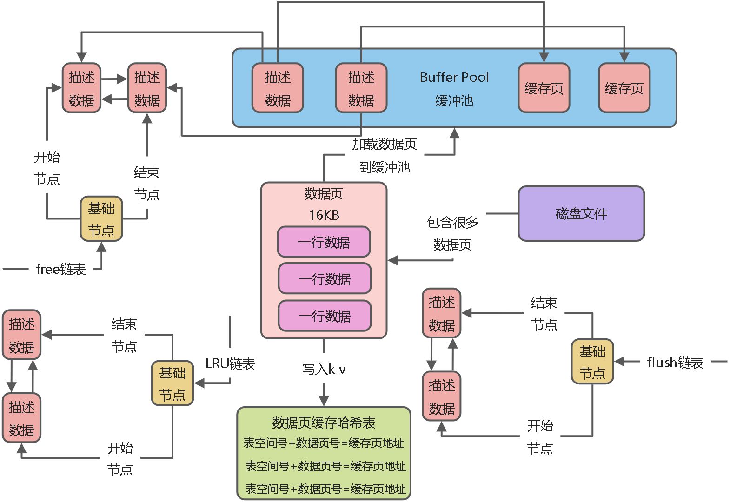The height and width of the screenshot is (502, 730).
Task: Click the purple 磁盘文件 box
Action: (581, 214)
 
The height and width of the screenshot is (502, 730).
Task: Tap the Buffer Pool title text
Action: (454, 77)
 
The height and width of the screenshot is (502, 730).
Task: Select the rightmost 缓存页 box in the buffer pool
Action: (624, 88)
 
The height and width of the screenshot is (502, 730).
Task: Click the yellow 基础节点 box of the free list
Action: (101, 219)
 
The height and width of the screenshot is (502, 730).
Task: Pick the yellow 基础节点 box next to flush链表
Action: (592, 362)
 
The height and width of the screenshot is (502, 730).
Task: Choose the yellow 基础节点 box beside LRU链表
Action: (172, 383)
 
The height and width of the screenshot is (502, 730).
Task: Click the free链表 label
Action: (61, 269)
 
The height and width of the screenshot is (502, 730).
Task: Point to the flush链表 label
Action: (675, 363)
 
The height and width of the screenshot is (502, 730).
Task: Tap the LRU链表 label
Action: (230, 363)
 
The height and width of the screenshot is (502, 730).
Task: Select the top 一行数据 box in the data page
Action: (324, 242)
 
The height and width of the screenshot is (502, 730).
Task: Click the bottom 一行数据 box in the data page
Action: (324, 316)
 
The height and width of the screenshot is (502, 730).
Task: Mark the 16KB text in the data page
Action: (324, 215)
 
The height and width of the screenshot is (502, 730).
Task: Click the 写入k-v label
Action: (324, 370)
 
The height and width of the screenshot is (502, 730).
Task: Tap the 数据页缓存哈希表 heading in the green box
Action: (324, 423)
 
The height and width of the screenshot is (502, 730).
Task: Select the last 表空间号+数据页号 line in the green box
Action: (325, 489)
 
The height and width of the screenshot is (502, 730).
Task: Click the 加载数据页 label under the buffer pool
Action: (384, 145)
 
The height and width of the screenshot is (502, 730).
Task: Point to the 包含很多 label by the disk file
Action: (452, 223)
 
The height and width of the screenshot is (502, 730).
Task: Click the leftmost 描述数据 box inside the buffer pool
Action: (278, 88)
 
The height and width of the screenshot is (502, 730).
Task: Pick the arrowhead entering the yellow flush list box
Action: (620, 362)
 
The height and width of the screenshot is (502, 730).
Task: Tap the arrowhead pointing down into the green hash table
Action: (324, 401)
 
